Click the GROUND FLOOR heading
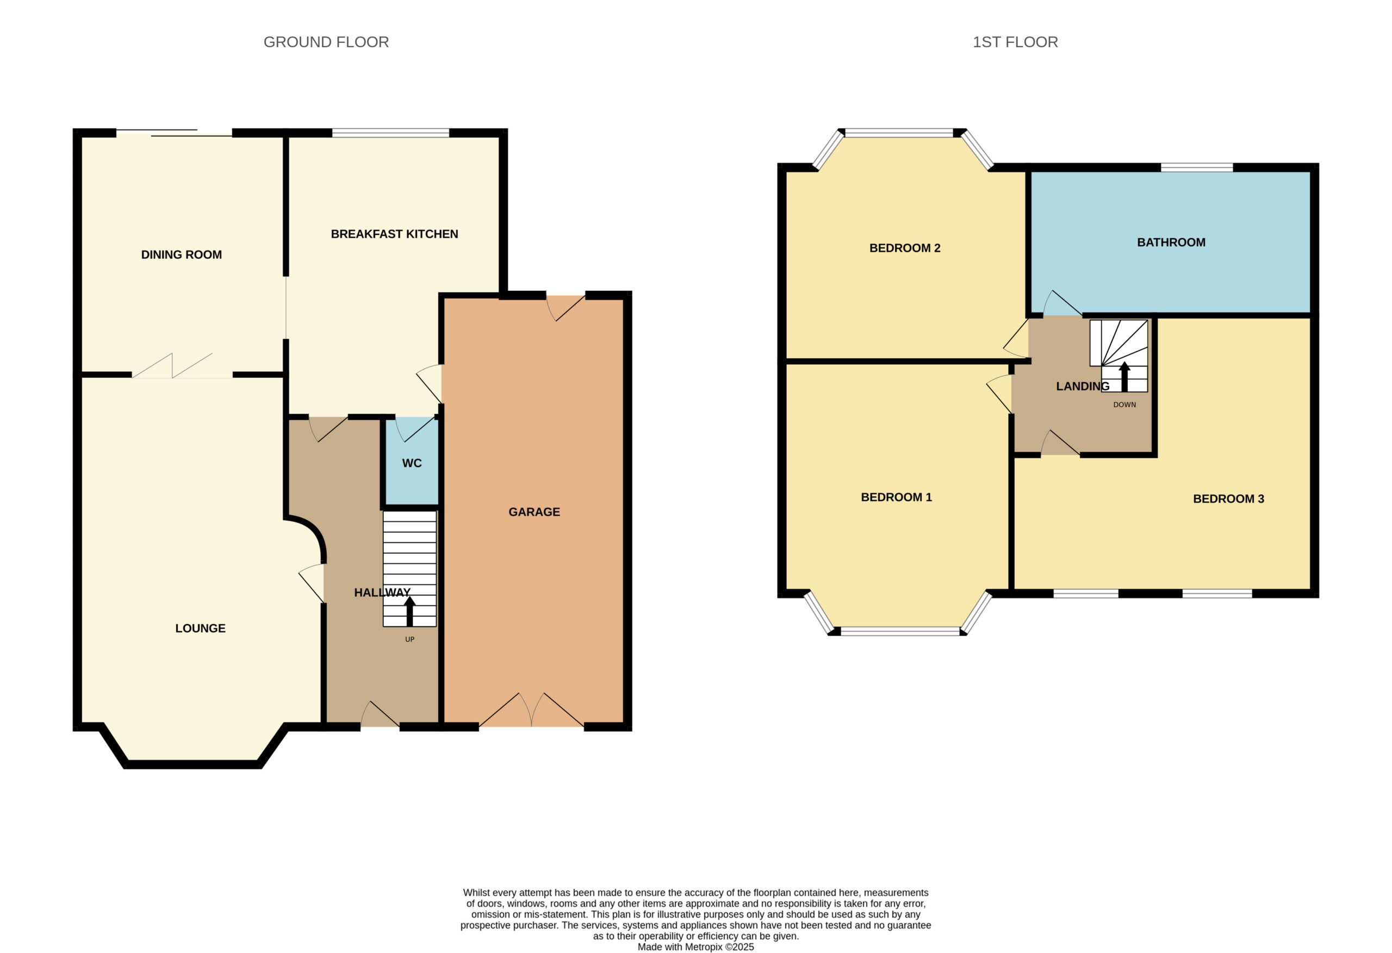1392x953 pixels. pyautogui.click(x=326, y=42)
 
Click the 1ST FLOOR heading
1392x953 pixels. pyautogui.click(x=1015, y=42)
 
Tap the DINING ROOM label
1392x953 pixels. pyautogui.click(x=182, y=254)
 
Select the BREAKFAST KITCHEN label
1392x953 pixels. pyautogui.click(x=394, y=234)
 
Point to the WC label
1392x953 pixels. pyautogui.click(x=412, y=463)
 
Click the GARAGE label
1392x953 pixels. pyautogui.click(x=535, y=512)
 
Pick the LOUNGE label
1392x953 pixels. pyautogui.click(x=200, y=628)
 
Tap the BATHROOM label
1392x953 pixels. pyautogui.click(x=1171, y=242)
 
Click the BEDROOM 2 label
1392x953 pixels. pyautogui.click(x=904, y=248)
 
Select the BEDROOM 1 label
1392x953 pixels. pyautogui.click(x=896, y=497)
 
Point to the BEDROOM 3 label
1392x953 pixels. pyautogui.click(x=1228, y=499)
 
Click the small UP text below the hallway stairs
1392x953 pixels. pyautogui.click(x=409, y=639)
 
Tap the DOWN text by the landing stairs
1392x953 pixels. pyautogui.click(x=1124, y=405)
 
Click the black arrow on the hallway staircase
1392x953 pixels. pyautogui.click(x=409, y=611)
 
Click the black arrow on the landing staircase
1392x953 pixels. pyautogui.click(x=1124, y=377)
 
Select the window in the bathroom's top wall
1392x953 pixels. pyautogui.click(x=1197, y=167)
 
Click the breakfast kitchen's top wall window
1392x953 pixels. pyautogui.click(x=390, y=133)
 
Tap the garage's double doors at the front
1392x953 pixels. pyautogui.click(x=531, y=711)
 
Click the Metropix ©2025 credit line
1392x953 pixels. pyautogui.click(x=695, y=947)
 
